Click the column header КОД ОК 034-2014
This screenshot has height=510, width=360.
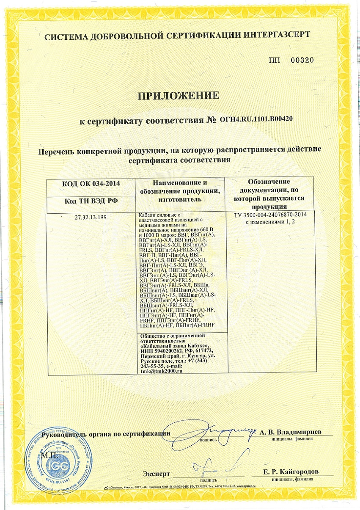[91, 183]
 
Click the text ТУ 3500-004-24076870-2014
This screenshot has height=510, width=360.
[270, 215]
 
